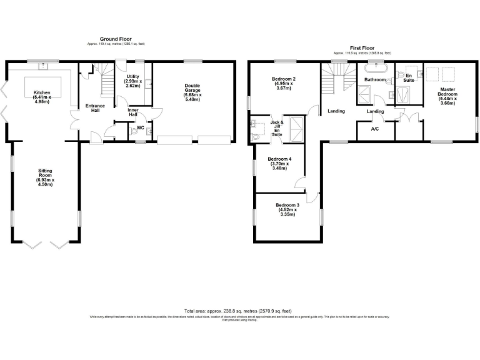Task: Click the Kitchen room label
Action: (x=42, y=97)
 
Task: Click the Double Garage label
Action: (x=193, y=92)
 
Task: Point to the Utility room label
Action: (x=132, y=81)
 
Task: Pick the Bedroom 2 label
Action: (x=283, y=84)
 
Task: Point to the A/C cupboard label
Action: (x=375, y=129)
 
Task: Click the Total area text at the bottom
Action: (x=237, y=311)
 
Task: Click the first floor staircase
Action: (x=336, y=80)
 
